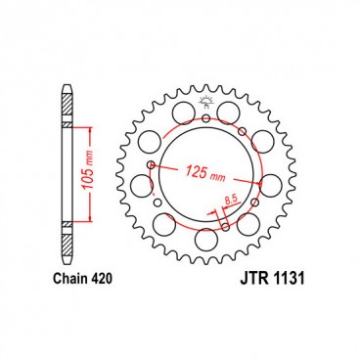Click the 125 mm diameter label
click(x=202, y=174)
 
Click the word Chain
click(x=67, y=279)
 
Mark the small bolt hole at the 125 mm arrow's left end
click(x=150, y=166)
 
